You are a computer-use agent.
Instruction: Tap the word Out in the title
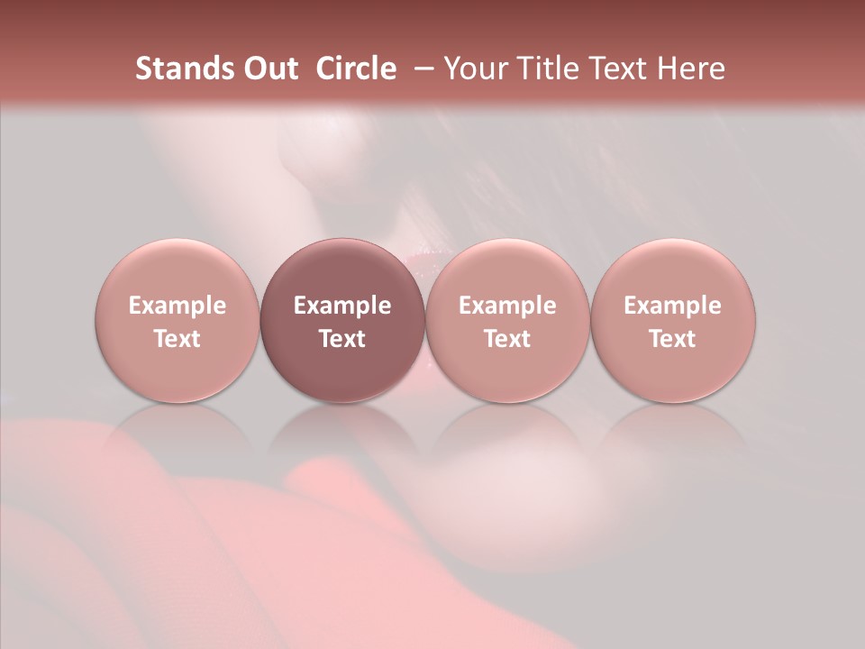click(x=269, y=69)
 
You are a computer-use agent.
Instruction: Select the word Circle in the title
click(x=356, y=69)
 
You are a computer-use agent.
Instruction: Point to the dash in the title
click(x=421, y=69)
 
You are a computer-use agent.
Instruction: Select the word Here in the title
click(x=691, y=69)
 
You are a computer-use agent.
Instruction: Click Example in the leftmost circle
click(x=178, y=306)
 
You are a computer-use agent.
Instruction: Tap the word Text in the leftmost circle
click(x=178, y=339)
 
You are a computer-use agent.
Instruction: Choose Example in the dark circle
click(x=342, y=306)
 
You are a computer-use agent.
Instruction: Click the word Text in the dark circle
click(x=342, y=339)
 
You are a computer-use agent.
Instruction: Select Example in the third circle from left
click(x=507, y=306)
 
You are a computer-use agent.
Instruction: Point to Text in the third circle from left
click(x=507, y=339)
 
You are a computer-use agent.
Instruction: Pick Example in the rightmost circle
click(x=672, y=306)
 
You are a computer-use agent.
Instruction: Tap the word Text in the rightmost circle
click(x=672, y=339)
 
